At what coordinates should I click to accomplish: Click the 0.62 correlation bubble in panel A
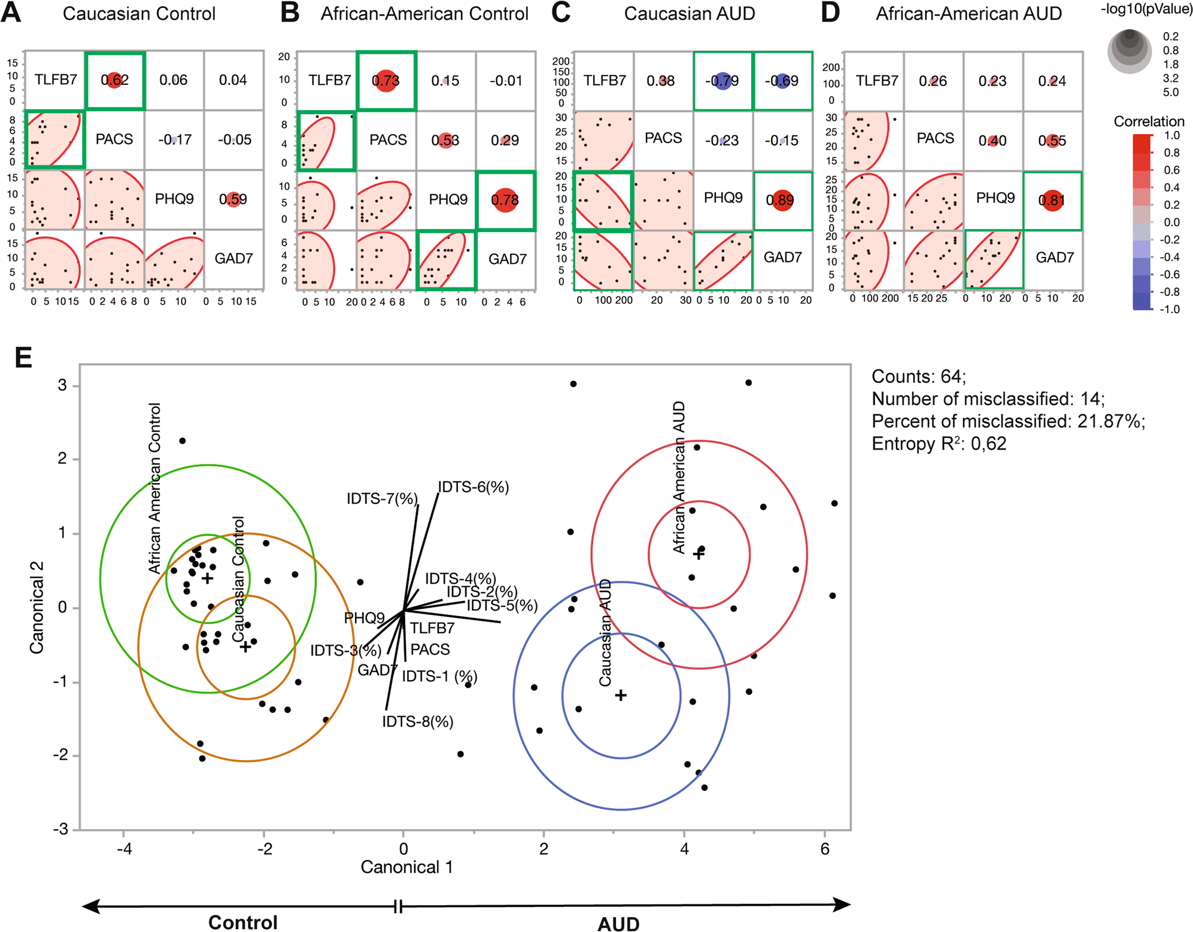[114, 80]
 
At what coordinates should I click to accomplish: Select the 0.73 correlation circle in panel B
[386, 80]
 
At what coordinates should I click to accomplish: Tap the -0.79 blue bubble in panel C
[723, 80]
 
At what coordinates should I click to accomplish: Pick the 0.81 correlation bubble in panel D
[1052, 200]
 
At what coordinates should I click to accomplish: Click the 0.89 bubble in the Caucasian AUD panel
[781, 199]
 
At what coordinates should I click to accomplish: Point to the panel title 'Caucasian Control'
[139, 14]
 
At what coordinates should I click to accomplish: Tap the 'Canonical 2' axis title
[37, 607]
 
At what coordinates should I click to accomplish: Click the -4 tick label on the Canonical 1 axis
[124, 849]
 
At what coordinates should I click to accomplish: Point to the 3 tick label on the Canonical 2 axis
[62, 385]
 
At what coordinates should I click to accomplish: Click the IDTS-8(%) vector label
[417, 722]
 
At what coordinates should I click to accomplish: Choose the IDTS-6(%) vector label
[473, 487]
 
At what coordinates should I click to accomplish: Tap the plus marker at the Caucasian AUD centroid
[621, 695]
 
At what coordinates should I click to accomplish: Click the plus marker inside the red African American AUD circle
[699, 554]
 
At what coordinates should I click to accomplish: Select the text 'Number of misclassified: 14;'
[988, 399]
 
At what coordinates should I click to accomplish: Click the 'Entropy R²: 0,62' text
[939, 444]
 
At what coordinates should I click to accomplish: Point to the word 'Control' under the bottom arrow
[242, 922]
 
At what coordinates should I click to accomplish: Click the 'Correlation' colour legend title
[1149, 122]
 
